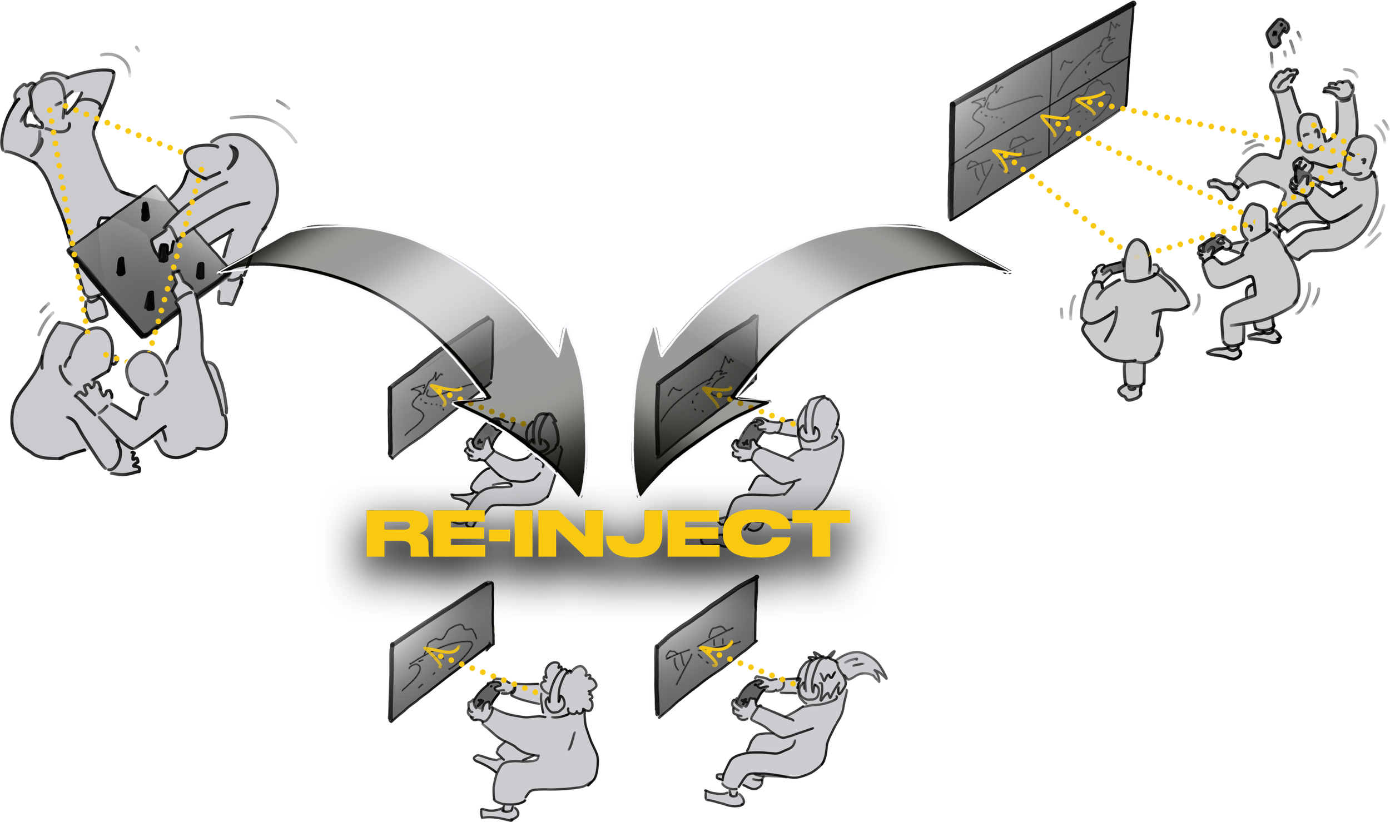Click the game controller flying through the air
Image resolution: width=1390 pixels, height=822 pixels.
point(1275,33)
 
